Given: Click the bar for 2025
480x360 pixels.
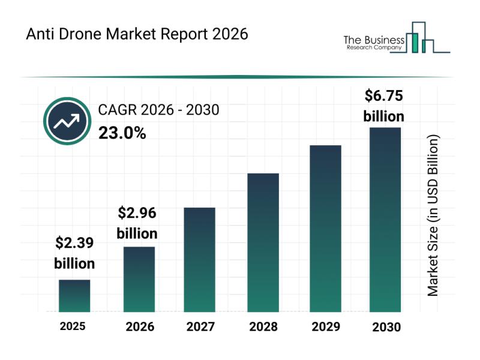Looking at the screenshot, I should click(x=74, y=296).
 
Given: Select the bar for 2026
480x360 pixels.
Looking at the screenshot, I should click(x=139, y=279).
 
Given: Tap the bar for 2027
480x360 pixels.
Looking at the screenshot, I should click(x=200, y=259).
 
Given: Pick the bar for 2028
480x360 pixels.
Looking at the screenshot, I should click(x=263, y=242).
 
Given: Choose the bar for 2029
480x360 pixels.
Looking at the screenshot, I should click(x=325, y=229).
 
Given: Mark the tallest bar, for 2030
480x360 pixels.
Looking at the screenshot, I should click(x=385, y=220).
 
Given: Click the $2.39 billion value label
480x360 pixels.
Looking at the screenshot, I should click(x=74, y=253).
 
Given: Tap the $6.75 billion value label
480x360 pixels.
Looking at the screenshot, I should click(x=384, y=105).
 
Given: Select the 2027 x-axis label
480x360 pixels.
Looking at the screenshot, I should click(x=200, y=327).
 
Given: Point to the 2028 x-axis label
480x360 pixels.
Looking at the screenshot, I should click(x=263, y=327).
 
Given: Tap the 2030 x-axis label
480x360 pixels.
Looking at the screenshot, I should click(x=386, y=327).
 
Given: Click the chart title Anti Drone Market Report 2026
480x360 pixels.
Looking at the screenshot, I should click(x=137, y=34).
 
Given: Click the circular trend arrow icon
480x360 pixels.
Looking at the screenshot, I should click(x=67, y=121).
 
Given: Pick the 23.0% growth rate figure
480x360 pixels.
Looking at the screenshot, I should click(x=122, y=133).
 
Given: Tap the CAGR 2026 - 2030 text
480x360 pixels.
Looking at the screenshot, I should click(x=158, y=110).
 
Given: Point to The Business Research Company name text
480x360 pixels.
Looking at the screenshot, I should click(x=372, y=43).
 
